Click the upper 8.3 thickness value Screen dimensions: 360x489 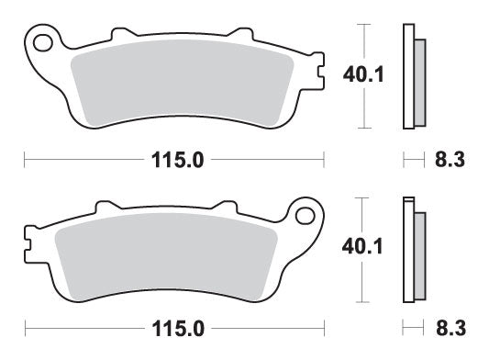tap(449, 159)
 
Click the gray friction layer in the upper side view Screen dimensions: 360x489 tap(419, 83)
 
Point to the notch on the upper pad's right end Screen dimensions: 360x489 tap(319, 72)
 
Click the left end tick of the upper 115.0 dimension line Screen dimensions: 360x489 tap(24, 159)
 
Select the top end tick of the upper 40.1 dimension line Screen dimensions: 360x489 tap(365, 24)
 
